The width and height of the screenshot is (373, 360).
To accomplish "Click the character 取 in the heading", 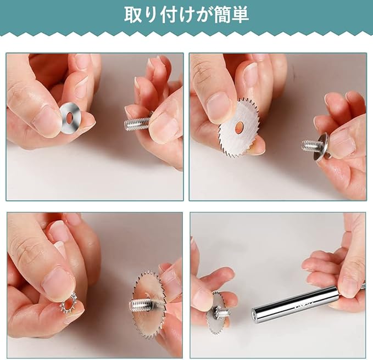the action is click(x=132, y=15).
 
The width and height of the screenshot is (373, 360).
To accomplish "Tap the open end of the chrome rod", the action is click(x=254, y=314).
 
